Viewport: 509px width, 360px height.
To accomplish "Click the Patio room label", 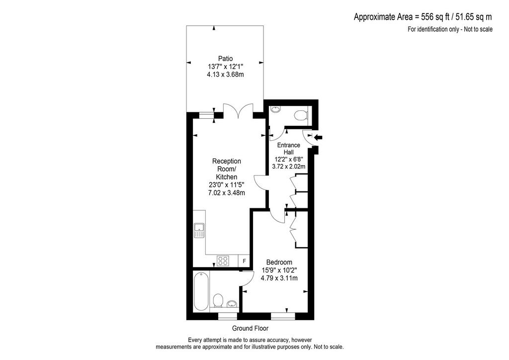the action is (x=225, y=59).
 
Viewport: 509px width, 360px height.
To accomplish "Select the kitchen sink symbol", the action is (x=199, y=231).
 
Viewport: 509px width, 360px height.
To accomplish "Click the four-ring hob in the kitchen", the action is (x=223, y=261).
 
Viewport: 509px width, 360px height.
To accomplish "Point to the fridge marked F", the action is (x=244, y=261).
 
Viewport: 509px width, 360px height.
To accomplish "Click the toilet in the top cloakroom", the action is (x=301, y=115).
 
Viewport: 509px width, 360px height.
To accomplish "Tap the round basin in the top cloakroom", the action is (x=275, y=109).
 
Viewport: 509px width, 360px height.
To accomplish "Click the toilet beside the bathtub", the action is (x=218, y=301).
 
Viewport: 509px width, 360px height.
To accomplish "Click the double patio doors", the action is (x=238, y=111).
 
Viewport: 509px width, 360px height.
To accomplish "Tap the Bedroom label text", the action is (x=279, y=262).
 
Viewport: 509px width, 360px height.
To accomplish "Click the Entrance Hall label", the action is (x=289, y=149).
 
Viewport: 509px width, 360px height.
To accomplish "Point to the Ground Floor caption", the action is (x=251, y=328).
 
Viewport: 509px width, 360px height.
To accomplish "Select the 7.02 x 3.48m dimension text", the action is (x=226, y=193).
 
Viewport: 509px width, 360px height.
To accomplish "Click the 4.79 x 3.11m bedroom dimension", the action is (x=279, y=278).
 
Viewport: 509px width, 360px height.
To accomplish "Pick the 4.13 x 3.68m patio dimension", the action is (x=225, y=75).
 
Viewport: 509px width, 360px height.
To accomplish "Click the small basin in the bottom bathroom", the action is (x=232, y=304).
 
